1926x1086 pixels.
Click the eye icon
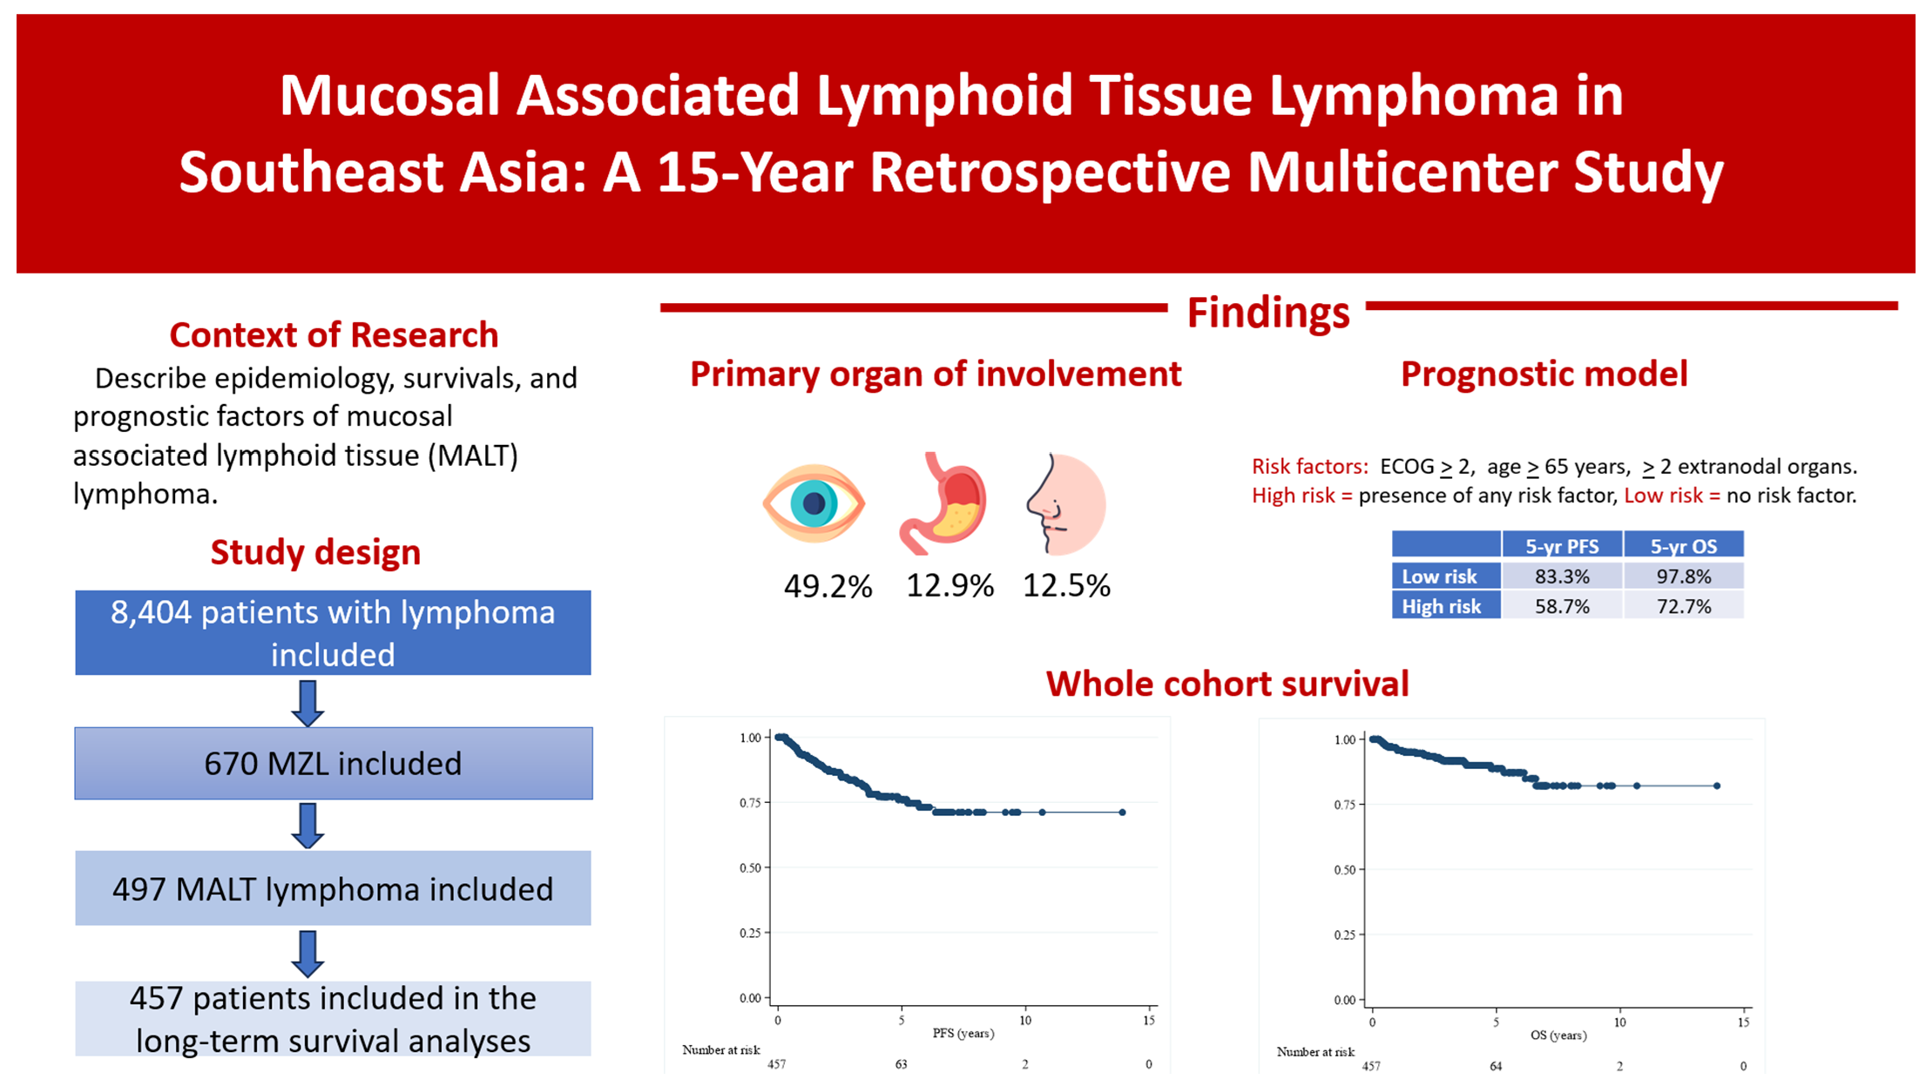coord(814,503)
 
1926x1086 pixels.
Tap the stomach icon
coord(943,503)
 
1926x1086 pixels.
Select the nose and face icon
coord(1065,503)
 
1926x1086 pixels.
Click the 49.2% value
coord(828,586)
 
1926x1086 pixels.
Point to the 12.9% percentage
coord(949,585)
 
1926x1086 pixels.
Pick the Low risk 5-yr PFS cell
coord(1562,577)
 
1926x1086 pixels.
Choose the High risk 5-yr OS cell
coord(1683,606)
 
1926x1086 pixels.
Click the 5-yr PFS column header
coord(1562,546)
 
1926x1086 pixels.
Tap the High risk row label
coord(1442,606)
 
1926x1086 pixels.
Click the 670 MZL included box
coord(333,764)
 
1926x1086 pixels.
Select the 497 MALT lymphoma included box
coord(333,889)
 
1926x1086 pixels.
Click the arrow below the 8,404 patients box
coord(307,703)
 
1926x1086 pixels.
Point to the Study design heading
coord(315,552)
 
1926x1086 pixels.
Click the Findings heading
coord(1267,313)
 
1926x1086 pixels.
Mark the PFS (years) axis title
coord(963,1033)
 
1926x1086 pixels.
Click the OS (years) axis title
coord(1558,1035)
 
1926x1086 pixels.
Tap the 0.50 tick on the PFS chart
coord(750,867)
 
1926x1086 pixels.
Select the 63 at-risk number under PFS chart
coord(901,1064)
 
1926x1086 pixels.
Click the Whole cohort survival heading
coord(1227,684)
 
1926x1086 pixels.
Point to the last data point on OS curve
coord(1717,786)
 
